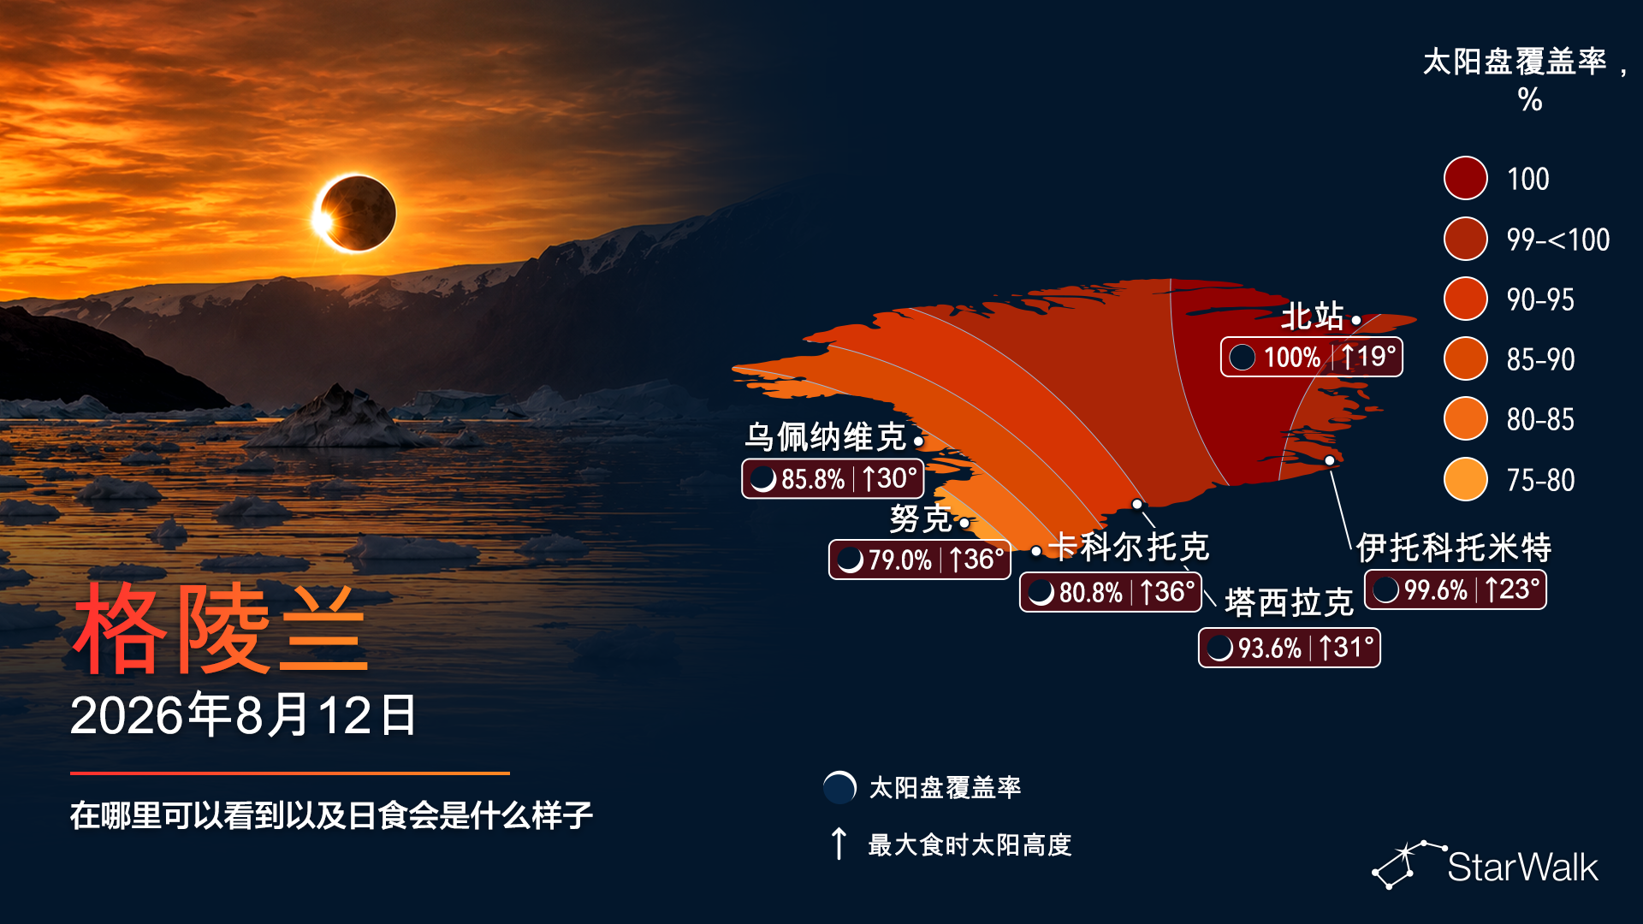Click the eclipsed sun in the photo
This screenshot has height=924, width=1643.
click(x=355, y=213)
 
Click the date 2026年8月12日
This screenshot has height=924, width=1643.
click(x=243, y=715)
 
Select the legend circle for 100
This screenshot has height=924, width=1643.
click(x=1465, y=178)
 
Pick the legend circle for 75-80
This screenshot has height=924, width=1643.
click(x=1465, y=479)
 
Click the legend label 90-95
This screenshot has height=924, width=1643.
click(x=1540, y=299)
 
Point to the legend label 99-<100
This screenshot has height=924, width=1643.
click(x=1558, y=240)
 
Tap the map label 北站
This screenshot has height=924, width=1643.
click(x=1312, y=317)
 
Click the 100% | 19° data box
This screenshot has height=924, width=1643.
click(x=1311, y=357)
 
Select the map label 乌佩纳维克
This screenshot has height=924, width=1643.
click(x=825, y=437)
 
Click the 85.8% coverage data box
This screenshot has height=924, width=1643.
click(x=833, y=478)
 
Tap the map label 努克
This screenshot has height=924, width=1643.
click(x=920, y=518)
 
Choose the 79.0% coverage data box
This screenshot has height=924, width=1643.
click(x=920, y=560)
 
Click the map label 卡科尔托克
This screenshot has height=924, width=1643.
click(x=1129, y=547)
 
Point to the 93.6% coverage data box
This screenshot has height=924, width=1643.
click(x=1289, y=648)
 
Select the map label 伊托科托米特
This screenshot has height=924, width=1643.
click(x=1454, y=548)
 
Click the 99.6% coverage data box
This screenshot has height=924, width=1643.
click(x=1455, y=589)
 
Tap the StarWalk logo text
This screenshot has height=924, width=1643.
click(x=1522, y=867)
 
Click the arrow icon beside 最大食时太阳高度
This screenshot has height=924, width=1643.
click(x=839, y=844)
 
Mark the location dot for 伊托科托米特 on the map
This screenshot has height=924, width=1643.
click(x=1330, y=460)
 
